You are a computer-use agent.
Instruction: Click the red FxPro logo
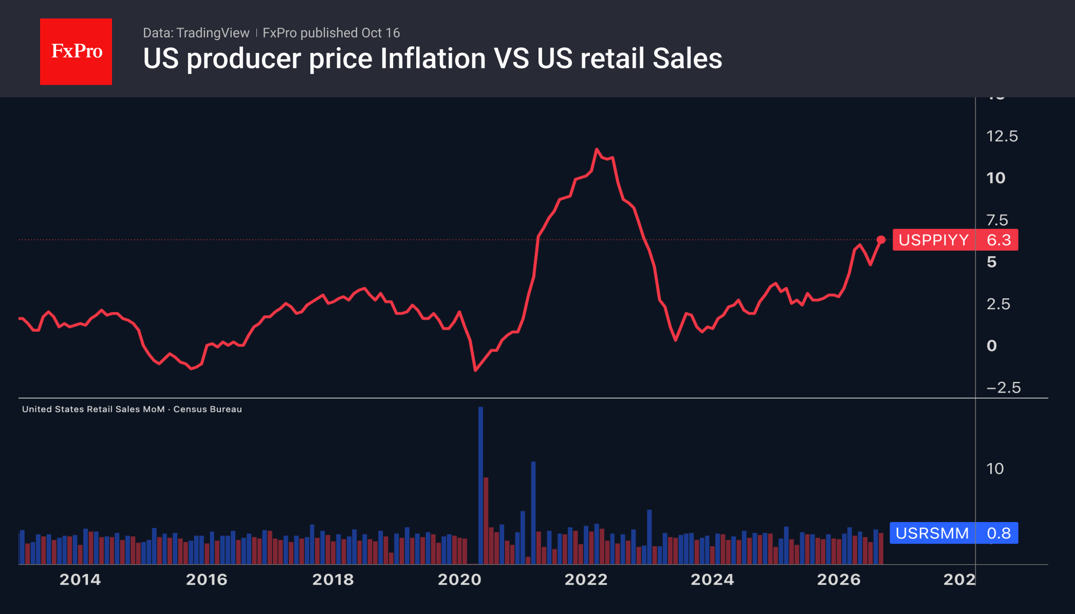pos(76,51)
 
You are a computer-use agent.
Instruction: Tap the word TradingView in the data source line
pos(213,33)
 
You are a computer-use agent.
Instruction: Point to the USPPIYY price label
pos(955,240)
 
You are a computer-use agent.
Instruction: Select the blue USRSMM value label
pos(954,533)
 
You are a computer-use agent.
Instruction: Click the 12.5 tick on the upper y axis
pos(1002,136)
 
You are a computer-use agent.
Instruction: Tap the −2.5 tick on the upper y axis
pos(1004,388)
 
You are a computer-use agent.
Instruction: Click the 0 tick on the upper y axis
pos(992,346)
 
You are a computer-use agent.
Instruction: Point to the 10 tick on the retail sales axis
pos(995,469)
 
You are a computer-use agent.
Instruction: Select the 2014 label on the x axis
pos(80,580)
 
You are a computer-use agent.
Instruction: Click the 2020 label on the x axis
pos(459,580)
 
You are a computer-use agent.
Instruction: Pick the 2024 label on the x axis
pos(712,580)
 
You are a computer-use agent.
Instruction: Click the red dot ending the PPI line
pos(881,240)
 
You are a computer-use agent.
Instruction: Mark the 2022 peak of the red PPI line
pos(597,149)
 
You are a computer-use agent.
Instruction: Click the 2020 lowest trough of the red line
pos(475,370)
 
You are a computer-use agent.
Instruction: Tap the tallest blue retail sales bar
pos(480,485)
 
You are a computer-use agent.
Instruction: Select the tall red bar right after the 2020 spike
pos(486,521)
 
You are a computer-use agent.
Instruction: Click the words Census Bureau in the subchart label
pos(208,409)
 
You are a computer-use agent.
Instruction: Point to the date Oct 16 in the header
pos(380,33)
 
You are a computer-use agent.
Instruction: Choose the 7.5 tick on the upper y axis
pos(997,220)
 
